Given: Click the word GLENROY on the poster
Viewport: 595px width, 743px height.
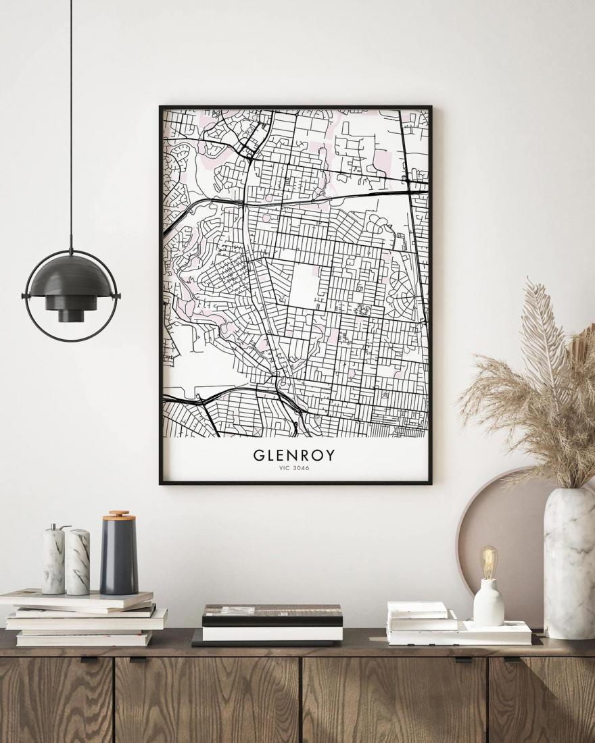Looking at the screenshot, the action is pos(294,455).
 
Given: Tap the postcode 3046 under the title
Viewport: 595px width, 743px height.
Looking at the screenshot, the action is pos(302,469).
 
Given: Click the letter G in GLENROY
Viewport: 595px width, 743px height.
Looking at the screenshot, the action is pos(259,455).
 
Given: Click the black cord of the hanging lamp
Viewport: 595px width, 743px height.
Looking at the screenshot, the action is pos(70,122).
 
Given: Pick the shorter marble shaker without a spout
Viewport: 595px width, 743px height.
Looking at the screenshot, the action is pos(78,562).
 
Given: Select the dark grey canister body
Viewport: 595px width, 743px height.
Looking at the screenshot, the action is pos(119,557).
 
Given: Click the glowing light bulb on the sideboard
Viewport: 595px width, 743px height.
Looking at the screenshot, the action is pos(488,560).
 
